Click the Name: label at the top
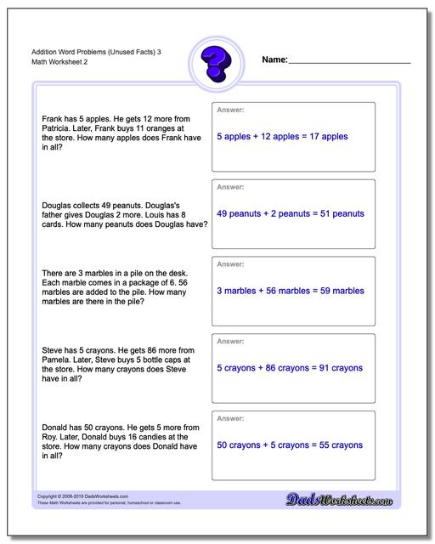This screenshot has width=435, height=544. coord(274,61)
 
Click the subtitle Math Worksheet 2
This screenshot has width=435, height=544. coord(50,64)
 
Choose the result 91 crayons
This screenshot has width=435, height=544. coord(333,368)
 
